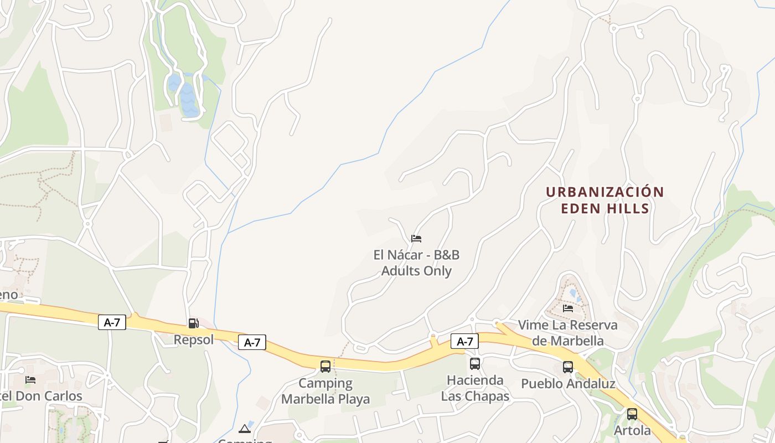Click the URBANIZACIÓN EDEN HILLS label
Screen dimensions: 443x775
click(x=604, y=200)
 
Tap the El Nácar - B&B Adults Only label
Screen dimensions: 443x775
click(x=416, y=263)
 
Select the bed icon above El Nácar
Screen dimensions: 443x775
click(x=416, y=239)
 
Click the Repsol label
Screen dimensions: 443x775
click(x=194, y=339)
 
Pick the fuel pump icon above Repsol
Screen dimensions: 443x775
click(x=193, y=323)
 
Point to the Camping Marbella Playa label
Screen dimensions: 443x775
click(x=325, y=391)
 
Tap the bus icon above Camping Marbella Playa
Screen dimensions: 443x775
click(x=325, y=366)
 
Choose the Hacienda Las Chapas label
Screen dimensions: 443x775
click(x=475, y=388)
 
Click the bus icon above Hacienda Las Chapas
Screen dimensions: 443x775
click(x=475, y=364)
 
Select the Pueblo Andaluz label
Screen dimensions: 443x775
click(x=568, y=383)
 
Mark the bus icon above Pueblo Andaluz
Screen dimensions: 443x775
click(x=568, y=367)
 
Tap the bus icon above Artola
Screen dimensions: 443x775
click(x=632, y=414)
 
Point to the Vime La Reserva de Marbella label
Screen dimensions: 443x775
click(x=568, y=332)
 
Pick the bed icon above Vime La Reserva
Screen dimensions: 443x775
click(x=568, y=308)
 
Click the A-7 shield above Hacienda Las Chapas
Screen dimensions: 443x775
click(x=464, y=341)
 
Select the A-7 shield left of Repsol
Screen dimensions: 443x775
click(x=112, y=322)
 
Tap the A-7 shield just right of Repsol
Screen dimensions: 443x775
click(x=252, y=343)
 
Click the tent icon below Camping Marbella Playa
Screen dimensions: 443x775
click(x=245, y=428)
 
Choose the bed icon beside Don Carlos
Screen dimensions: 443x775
click(x=30, y=380)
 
